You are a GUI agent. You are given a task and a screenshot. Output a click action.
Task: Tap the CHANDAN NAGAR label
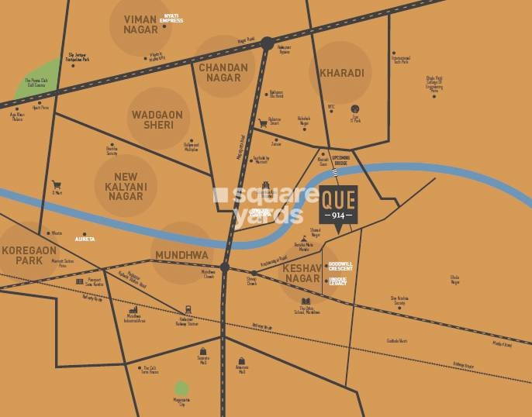223,72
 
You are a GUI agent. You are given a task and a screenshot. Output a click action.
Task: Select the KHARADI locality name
340,74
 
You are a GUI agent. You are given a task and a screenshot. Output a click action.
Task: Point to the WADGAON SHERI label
157,119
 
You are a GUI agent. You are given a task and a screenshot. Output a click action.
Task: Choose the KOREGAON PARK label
29,256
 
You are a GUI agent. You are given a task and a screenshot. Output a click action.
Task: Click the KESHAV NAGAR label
302,273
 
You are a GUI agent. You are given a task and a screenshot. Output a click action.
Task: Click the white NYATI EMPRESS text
171,19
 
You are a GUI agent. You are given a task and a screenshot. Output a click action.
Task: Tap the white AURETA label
85,239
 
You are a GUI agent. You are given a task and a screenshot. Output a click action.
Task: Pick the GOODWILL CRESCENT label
340,266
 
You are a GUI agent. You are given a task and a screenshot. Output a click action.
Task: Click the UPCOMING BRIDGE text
341,160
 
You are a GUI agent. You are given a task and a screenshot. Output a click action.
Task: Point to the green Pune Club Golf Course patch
35,80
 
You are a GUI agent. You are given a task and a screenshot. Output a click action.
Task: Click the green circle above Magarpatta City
181,388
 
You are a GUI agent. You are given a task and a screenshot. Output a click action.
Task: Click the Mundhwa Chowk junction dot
224,267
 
